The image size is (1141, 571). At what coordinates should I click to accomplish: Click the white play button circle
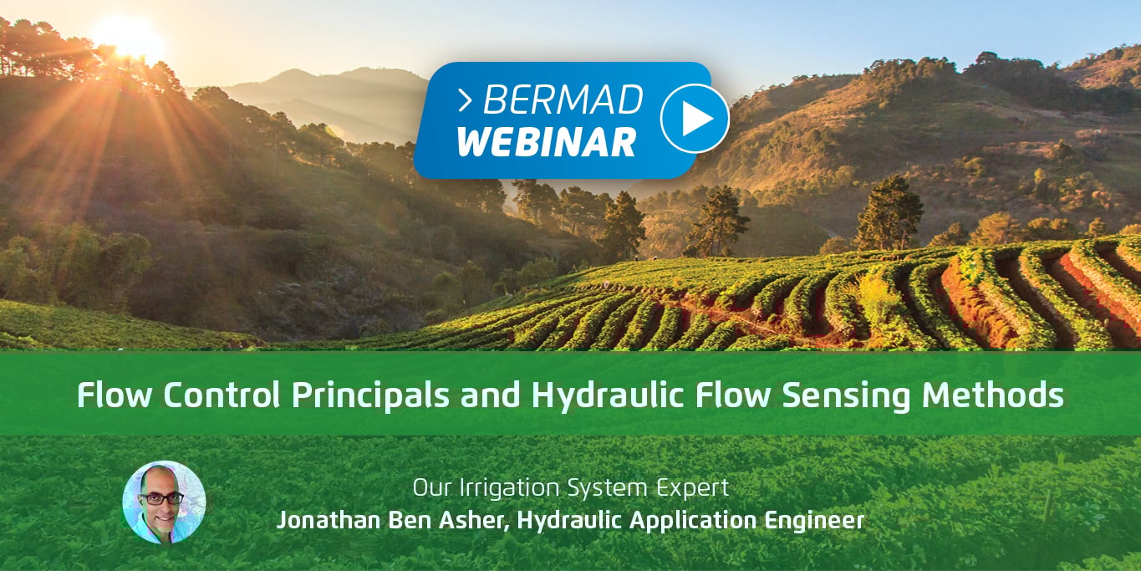(695, 119)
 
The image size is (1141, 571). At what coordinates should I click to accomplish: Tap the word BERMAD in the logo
(563, 99)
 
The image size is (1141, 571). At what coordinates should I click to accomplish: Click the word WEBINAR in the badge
(547, 141)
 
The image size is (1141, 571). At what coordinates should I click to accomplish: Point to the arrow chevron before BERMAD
(465, 100)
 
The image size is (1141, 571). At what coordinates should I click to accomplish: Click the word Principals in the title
(370, 395)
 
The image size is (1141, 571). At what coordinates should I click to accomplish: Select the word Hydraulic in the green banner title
(607, 395)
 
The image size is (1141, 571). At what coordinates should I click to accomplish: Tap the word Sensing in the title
(846, 395)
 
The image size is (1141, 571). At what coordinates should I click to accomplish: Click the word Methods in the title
(993, 395)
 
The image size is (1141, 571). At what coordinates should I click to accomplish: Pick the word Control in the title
(222, 395)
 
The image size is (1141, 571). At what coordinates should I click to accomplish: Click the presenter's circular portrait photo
(164, 502)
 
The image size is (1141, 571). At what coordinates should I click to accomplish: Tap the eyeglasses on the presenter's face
(162, 498)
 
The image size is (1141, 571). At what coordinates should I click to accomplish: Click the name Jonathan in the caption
(328, 520)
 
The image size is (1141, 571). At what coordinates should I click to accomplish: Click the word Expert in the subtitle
(692, 488)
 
